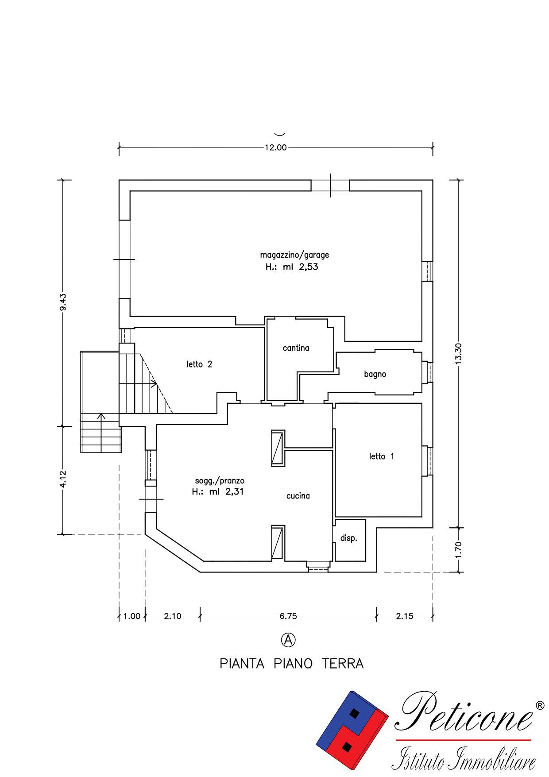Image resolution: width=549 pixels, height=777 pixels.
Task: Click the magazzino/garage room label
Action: point(294,255)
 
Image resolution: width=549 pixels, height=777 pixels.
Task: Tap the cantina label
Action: point(296,348)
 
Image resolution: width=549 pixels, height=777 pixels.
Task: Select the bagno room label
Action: point(375,375)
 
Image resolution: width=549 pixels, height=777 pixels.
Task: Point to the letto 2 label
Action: point(199,364)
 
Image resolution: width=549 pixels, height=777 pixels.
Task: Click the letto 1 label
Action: point(382,456)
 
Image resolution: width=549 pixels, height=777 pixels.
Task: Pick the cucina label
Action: point(298,496)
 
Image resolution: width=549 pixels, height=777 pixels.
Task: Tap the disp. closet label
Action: point(348,539)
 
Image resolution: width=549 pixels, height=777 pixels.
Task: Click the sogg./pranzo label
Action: point(220,481)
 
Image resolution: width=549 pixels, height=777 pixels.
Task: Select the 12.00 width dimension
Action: point(276,147)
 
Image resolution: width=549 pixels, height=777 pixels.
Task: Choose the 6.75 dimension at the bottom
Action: point(288,616)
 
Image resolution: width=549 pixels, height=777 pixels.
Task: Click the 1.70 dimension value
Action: point(458,550)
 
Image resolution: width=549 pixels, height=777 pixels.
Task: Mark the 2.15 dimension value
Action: point(405,616)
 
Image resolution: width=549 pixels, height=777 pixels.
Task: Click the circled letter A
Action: point(288,640)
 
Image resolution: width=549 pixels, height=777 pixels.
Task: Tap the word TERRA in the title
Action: point(343,664)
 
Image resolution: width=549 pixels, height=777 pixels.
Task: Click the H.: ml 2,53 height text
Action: point(292,267)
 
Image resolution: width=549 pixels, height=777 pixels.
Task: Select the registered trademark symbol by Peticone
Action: point(540,705)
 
